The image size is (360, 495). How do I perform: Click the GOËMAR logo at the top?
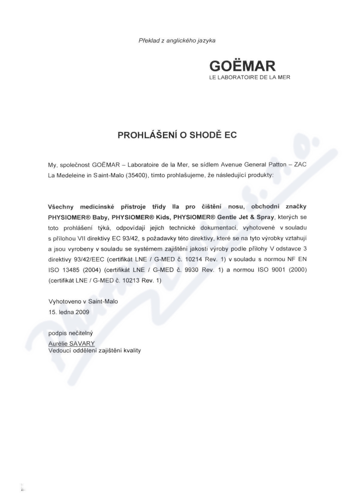[x=242, y=66]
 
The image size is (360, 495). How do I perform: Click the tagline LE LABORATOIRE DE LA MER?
[x=250, y=77]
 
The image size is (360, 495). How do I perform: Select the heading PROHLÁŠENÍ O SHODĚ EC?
[x=177, y=135]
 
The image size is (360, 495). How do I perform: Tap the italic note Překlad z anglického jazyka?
[x=177, y=41]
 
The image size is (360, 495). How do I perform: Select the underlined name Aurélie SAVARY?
[x=71, y=343]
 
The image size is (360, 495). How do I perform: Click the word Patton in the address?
[x=282, y=164]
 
